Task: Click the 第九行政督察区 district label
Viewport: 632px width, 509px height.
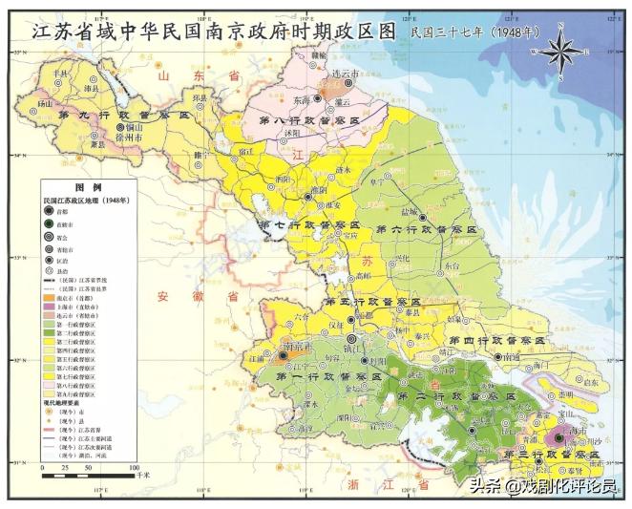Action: click(x=114, y=115)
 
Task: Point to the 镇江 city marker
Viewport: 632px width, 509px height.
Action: click(x=351, y=338)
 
